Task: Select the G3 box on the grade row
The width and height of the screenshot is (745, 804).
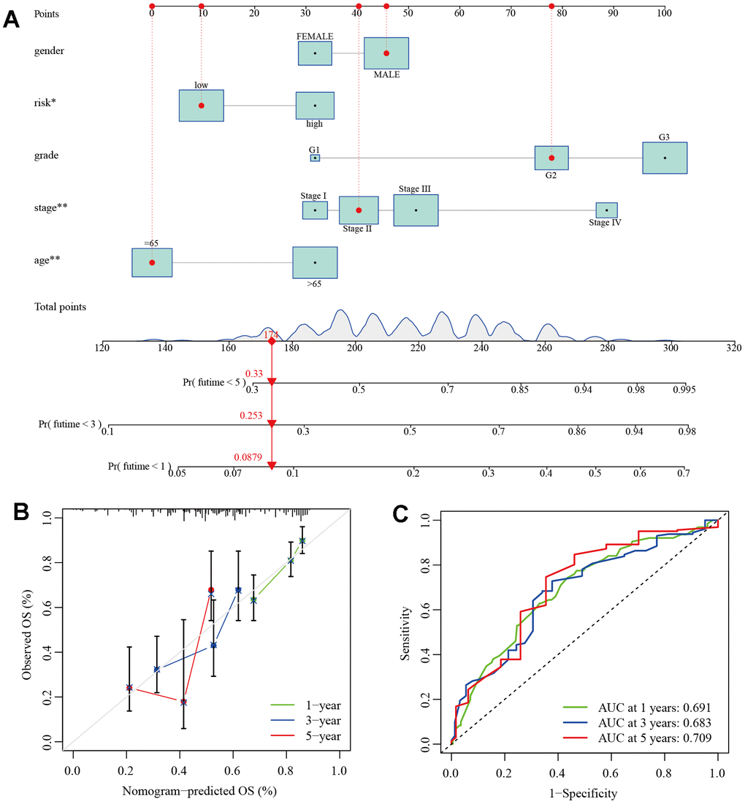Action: (665, 158)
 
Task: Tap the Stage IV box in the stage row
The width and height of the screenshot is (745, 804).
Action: (606, 210)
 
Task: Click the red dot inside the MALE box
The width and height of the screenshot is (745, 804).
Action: (386, 53)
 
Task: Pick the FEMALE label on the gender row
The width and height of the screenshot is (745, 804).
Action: (315, 36)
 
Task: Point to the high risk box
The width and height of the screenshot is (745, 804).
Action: (315, 105)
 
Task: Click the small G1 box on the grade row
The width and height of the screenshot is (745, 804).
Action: (315, 158)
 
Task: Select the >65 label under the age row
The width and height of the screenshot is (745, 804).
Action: (315, 284)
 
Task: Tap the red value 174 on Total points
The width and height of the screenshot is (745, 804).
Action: (272, 333)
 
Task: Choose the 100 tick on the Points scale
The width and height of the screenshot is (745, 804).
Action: (662, 12)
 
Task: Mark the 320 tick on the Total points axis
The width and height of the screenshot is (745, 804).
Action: (733, 349)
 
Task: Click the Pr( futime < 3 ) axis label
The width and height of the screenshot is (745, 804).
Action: (70, 424)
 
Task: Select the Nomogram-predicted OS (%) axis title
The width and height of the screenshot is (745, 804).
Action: (205, 789)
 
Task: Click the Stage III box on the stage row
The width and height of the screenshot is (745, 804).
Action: (416, 210)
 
